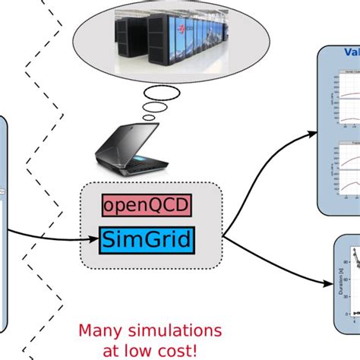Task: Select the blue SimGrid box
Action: pyautogui.click(x=145, y=241)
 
